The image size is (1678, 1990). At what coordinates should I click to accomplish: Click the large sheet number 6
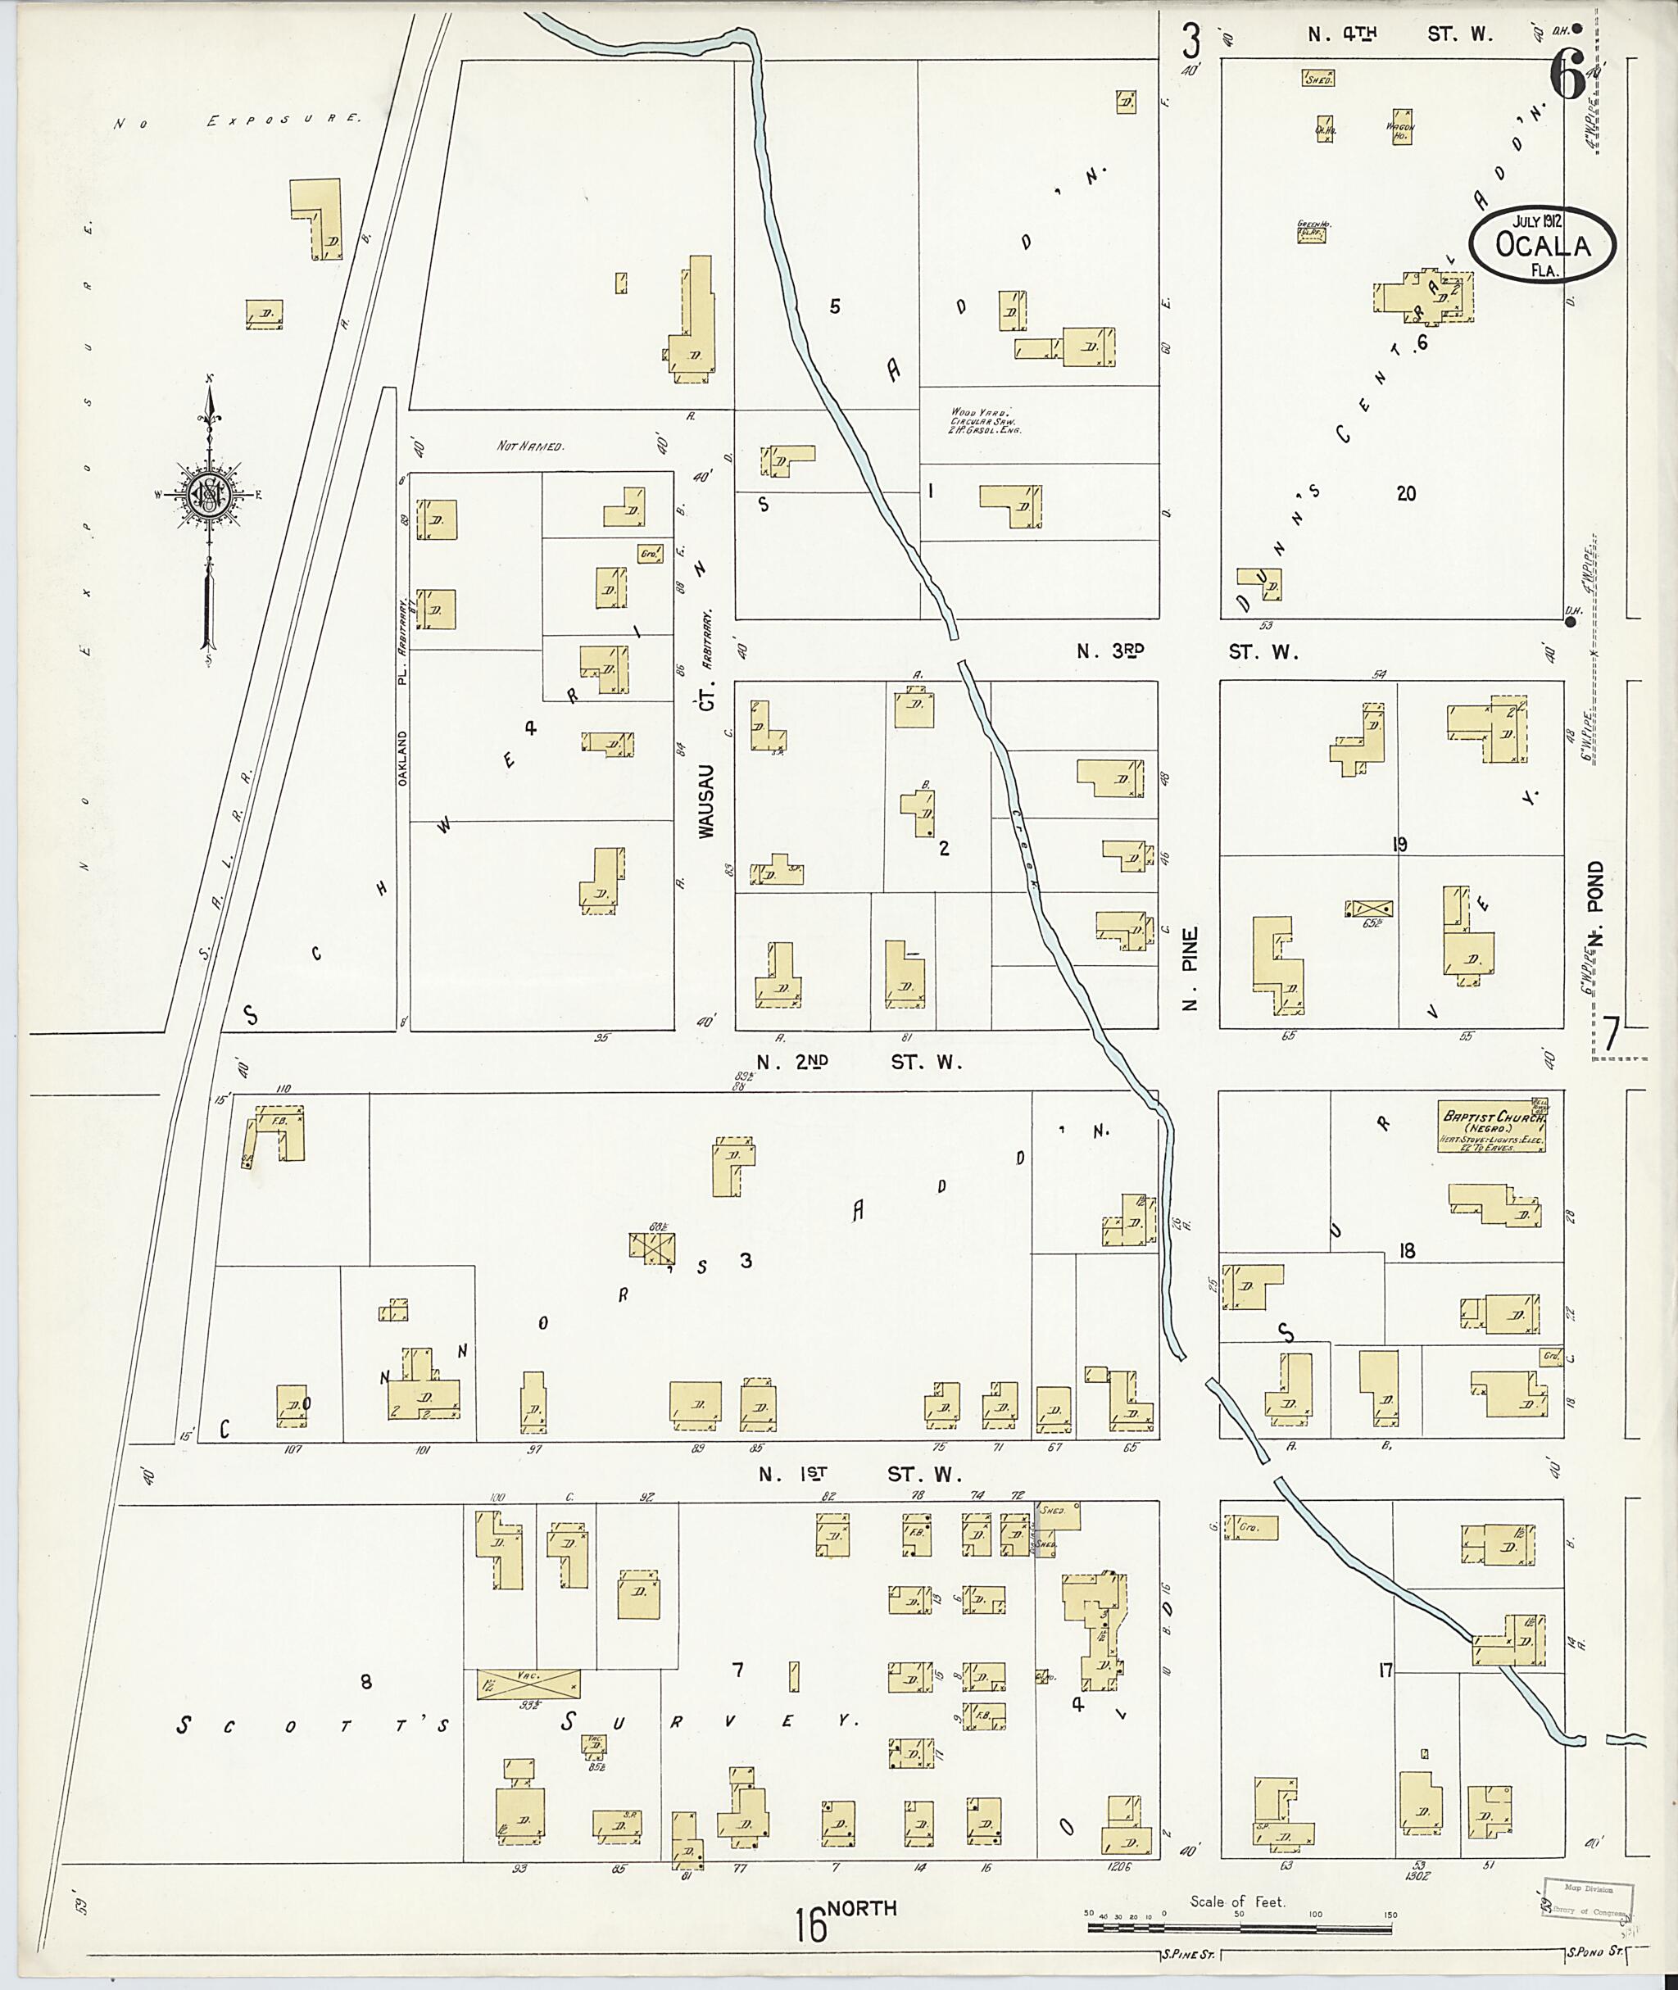(x=1567, y=75)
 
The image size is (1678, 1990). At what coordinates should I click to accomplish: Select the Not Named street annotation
(x=531, y=445)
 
